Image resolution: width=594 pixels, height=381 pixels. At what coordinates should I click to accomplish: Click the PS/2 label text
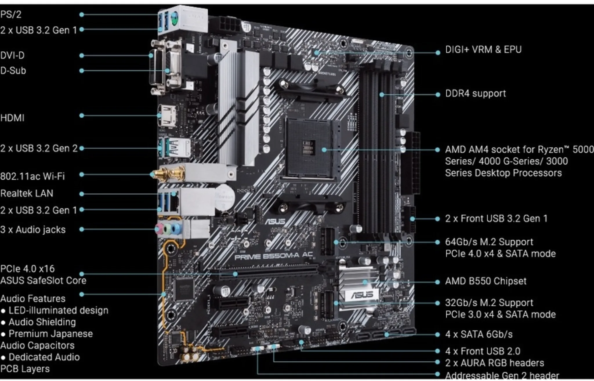[11, 14]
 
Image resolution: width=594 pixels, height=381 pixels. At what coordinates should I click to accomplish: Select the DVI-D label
[12, 55]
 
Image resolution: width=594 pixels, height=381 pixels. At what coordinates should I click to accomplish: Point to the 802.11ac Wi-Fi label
[32, 176]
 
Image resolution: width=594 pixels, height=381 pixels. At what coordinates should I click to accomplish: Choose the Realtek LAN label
[27, 193]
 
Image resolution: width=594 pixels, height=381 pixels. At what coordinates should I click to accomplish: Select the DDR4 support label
[475, 94]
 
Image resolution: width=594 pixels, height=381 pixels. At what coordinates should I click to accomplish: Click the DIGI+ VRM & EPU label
[483, 49]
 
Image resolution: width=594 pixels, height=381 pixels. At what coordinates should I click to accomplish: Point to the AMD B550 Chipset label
[486, 281]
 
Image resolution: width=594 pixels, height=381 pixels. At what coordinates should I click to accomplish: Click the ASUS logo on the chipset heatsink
[362, 295]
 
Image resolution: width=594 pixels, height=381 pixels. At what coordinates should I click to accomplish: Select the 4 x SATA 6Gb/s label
[479, 334]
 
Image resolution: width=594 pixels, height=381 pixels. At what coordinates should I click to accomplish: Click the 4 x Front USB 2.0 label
[483, 351]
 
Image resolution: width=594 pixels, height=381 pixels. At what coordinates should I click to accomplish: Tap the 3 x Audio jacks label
[33, 229]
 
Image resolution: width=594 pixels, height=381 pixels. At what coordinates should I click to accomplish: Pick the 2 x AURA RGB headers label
[494, 363]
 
